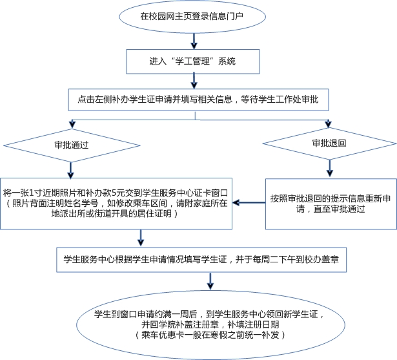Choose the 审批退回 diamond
[329, 142]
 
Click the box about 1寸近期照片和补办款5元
[116, 202]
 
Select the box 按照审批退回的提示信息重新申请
[331, 203]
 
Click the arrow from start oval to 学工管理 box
[194, 40]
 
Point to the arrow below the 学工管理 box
[193, 82]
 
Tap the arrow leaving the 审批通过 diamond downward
[70, 169]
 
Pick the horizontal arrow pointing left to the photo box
[249, 203]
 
